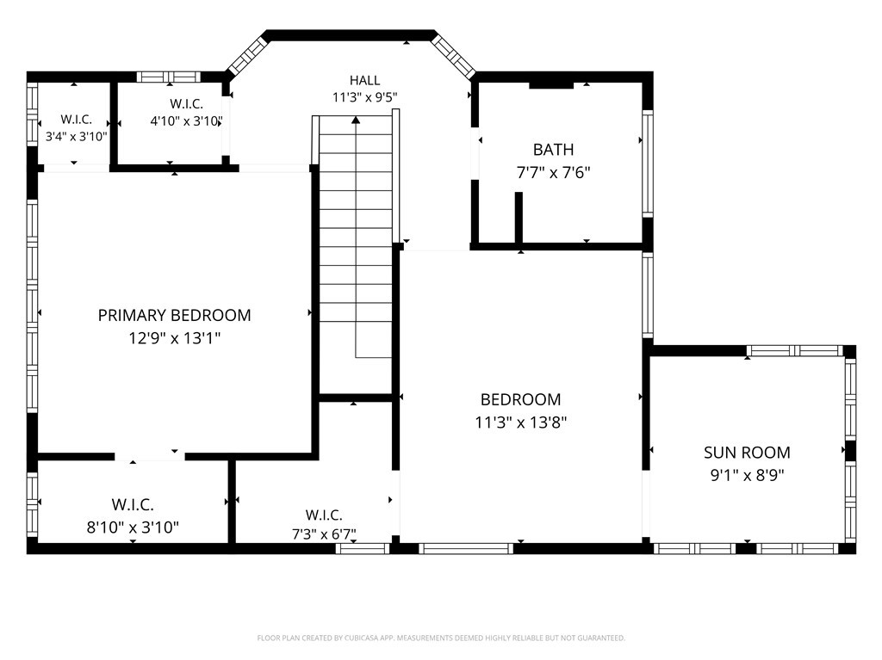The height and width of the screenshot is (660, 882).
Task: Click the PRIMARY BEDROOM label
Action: [174, 316]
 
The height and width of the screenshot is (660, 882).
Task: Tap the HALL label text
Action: [364, 80]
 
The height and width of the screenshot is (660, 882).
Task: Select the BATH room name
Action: [554, 150]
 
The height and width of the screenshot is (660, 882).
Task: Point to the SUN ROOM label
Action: [747, 453]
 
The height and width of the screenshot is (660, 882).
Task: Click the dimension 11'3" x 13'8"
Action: [521, 423]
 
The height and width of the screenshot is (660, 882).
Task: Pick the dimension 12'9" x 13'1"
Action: [174, 338]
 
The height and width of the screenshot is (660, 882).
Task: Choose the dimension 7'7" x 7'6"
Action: [554, 173]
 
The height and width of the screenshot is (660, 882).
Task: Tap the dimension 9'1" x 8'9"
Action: [747, 476]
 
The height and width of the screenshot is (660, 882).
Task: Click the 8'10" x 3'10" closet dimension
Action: [133, 527]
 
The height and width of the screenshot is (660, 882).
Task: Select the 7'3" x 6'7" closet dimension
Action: [324, 534]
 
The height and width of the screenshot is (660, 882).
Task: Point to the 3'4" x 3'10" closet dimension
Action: [76, 136]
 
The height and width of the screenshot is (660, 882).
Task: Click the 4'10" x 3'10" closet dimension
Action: [186, 120]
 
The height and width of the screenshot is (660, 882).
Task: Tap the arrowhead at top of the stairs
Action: [356, 120]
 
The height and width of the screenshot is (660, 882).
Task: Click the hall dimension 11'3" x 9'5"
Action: [364, 98]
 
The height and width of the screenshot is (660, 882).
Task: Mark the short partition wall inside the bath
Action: [519, 218]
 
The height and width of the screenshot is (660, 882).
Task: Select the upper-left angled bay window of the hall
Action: [246, 55]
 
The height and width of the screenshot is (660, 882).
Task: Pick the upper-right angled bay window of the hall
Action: [454, 56]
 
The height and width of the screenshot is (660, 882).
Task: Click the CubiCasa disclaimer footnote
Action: [441, 638]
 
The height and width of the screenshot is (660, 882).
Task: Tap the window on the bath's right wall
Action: [648, 163]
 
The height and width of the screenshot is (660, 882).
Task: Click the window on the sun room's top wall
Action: [795, 351]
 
